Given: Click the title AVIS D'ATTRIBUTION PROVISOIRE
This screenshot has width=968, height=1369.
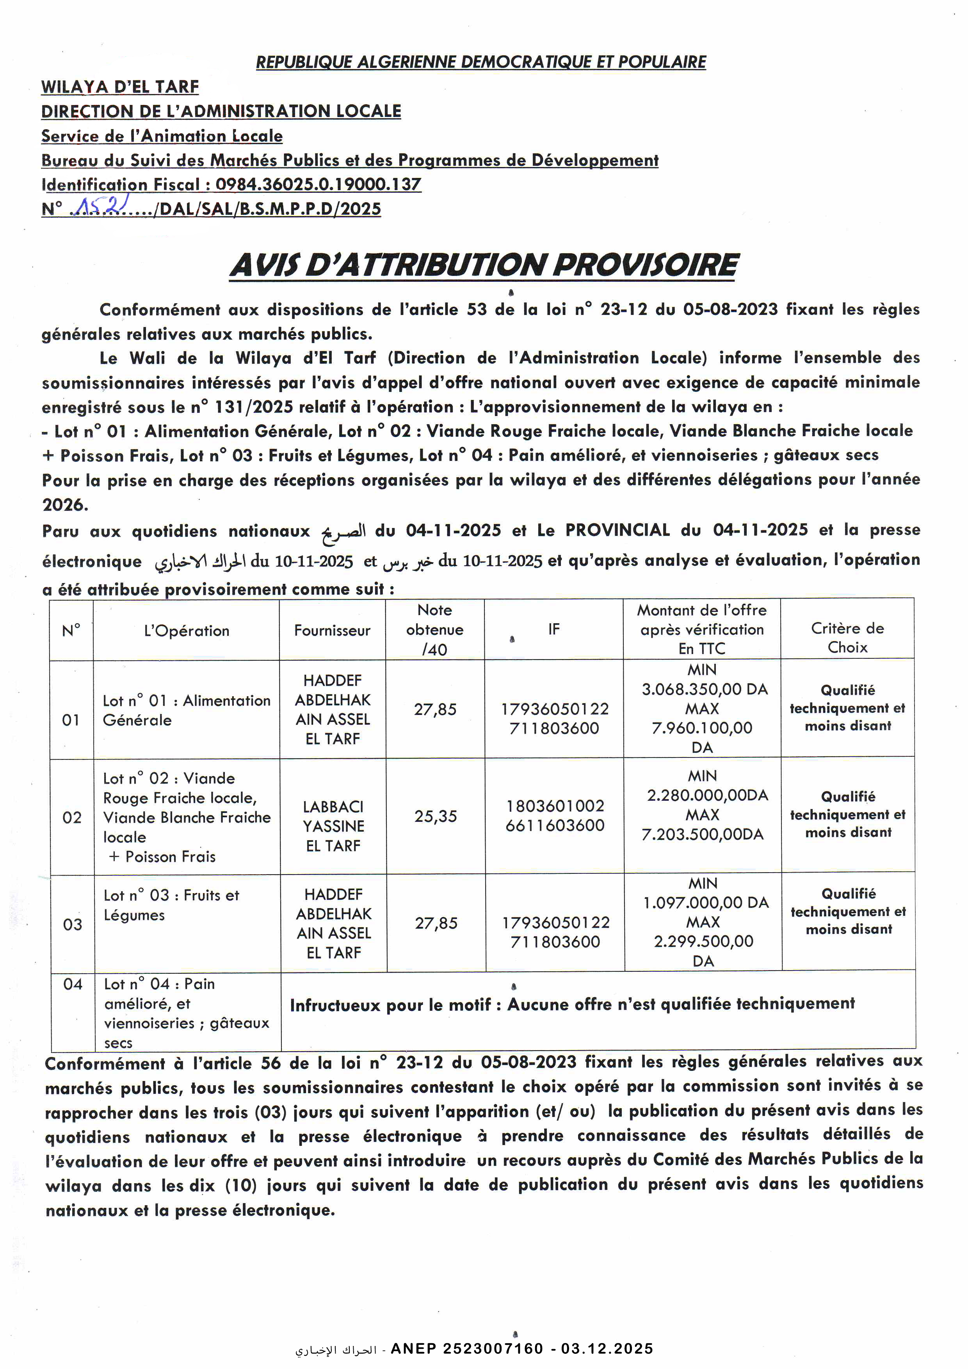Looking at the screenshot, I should [484, 265].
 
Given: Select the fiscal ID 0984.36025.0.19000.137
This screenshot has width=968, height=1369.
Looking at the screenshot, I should [318, 184].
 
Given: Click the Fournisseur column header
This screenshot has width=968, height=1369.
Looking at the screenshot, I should [332, 630].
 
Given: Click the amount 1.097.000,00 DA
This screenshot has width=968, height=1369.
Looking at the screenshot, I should [706, 902].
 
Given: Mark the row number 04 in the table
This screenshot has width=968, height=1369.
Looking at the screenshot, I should [73, 984].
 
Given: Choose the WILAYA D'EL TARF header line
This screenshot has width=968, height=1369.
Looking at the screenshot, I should [120, 87].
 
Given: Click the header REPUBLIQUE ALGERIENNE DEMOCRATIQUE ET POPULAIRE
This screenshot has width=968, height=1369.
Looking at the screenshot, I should [481, 62].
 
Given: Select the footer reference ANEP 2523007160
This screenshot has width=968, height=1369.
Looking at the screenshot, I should [467, 1348].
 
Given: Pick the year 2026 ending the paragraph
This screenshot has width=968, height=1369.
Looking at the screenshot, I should [64, 505].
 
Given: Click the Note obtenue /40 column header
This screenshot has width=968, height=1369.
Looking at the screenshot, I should [435, 629].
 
